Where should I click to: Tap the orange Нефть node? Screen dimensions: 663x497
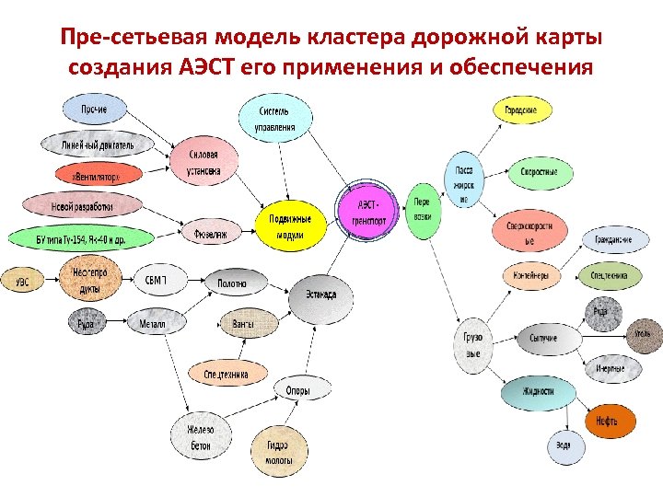606,421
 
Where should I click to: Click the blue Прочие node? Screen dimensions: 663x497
94,110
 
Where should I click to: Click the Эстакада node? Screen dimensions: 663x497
320,295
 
